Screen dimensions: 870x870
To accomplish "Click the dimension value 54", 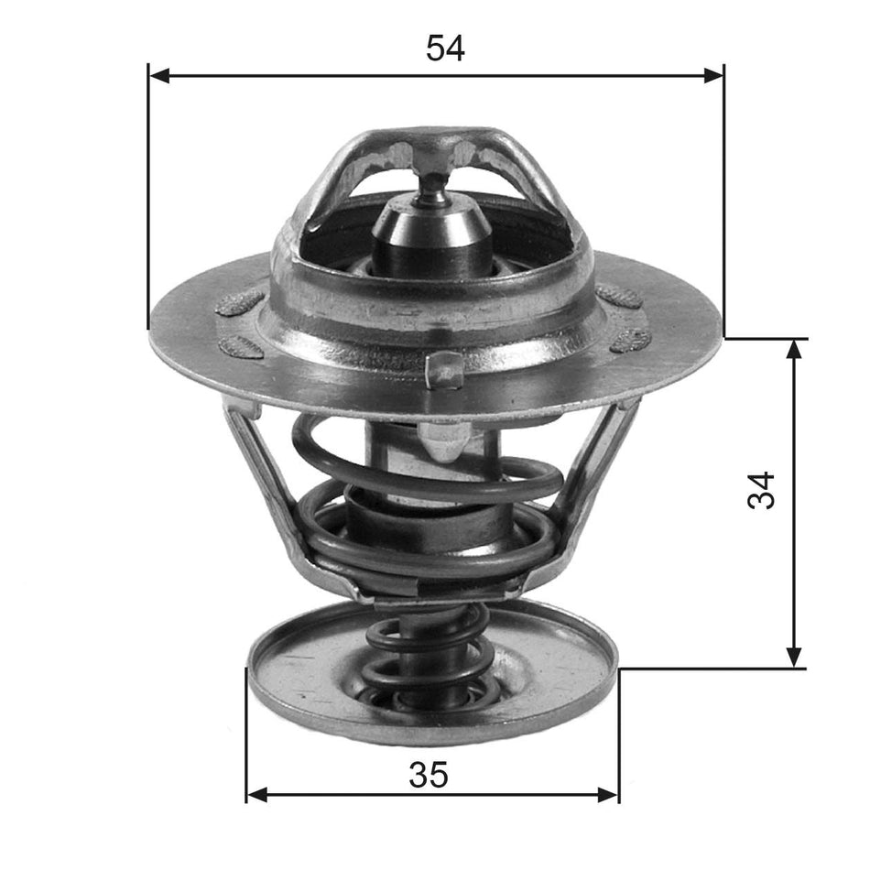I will pyautogui.click(x=445, y=49).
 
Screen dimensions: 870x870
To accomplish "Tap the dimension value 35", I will pyautogui.click(x=429, y=775).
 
